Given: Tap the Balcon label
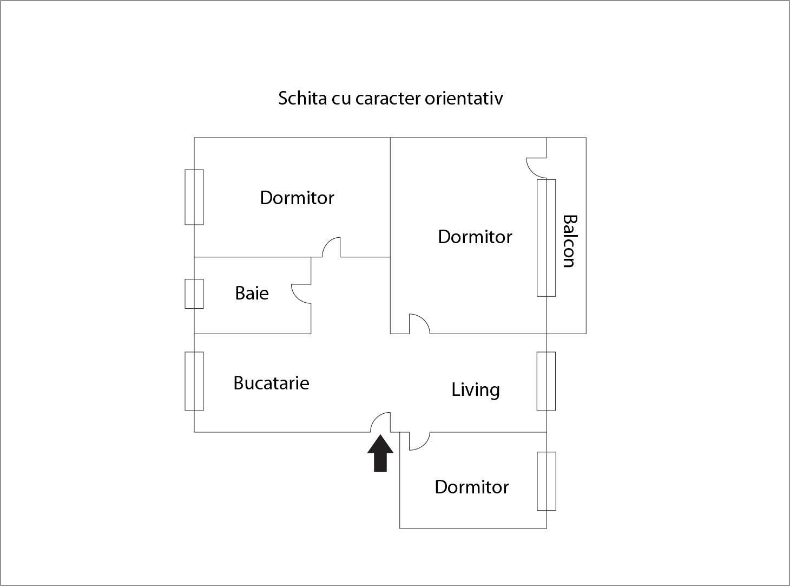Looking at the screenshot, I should pos(569,242).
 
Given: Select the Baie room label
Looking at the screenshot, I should pos(252,293).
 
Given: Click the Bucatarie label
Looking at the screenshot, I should pos(271,383).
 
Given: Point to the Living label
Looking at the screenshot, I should pos(475,389).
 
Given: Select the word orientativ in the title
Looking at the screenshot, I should pos(464,98).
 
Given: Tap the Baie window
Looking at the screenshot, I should pos(194,294).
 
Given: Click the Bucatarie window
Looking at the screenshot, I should pos(194,381).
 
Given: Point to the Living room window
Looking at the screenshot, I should pos(546,381).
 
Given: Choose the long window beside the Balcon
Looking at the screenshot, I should pos(546,238).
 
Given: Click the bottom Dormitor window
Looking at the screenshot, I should pos(546,481).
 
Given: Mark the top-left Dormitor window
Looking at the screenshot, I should pos(194,197).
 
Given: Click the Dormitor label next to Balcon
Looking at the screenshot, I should pos(475,237).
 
